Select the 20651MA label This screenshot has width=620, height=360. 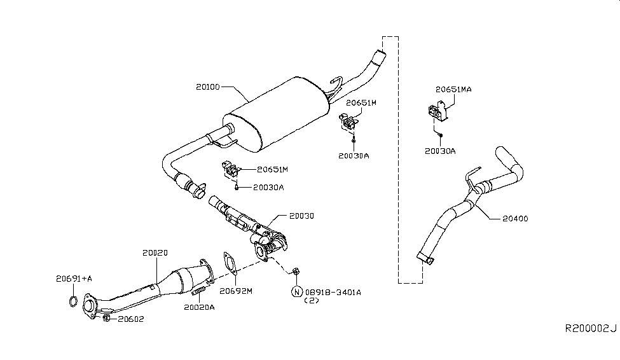pos(453,90)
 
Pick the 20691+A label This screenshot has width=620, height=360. pos(74,278)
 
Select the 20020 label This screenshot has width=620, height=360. pos(155,253)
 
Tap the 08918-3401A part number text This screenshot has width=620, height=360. pos(334,292)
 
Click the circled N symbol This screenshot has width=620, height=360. pos(296,292)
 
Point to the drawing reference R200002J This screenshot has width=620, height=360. pos(591,328)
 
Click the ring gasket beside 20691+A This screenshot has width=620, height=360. pos(74,300)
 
